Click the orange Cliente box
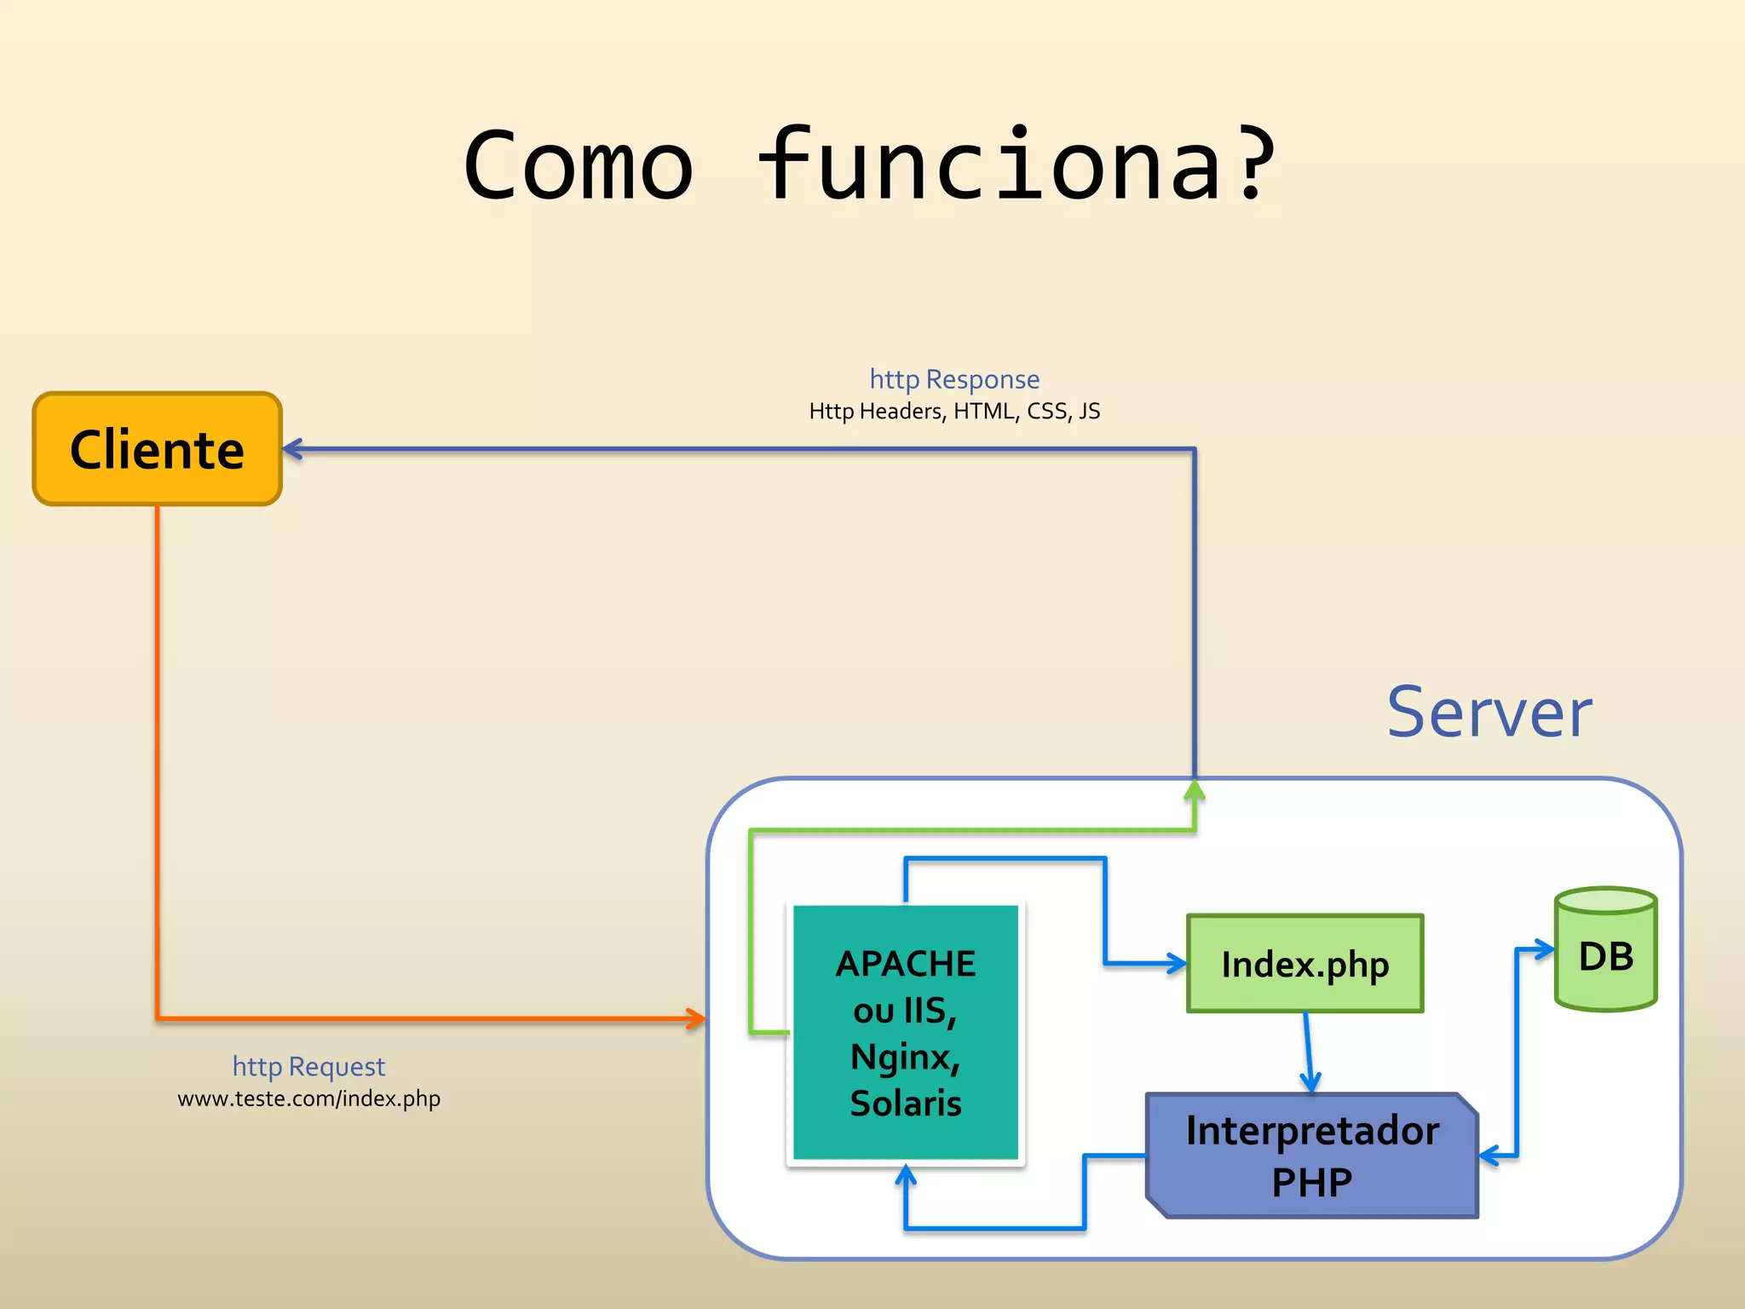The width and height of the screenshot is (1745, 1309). (157, 449)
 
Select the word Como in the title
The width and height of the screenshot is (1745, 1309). (579, 165)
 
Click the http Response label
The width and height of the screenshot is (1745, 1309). (954, 379)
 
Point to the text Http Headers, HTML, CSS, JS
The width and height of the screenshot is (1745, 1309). (954, 412)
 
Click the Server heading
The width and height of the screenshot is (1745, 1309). (1489, 713)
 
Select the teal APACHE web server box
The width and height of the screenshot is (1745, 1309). (906, 1032)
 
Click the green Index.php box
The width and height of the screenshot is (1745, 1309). (1304, 964)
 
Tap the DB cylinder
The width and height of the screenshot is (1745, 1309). (1605, 950)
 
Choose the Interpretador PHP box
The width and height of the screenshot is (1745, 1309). (1312, 1156)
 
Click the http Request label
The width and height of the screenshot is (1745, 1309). (308, 1067)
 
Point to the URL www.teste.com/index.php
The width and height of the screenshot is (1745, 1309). (308, 1099)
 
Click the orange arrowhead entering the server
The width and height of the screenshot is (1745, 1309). (698, 1018)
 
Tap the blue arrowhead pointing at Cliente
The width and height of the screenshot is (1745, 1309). (291, 449)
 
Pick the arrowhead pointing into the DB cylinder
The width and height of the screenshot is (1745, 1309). (1545, 949)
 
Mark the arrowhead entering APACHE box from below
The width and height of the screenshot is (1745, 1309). (906, 1175)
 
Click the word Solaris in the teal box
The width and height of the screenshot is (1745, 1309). (906, 1104)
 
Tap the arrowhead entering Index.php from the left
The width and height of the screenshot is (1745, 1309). (1178, 964)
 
